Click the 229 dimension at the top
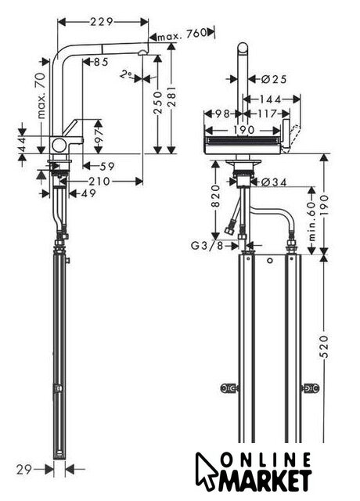click(102, 22)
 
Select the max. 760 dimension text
click(182, 34)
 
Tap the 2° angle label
click(127, 75)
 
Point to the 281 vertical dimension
click(171, 96)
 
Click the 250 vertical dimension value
click(158, 102)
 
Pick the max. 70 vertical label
click(41, 96)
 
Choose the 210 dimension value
click(99, 182)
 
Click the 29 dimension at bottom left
click(24, 470)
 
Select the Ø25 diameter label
click(274, 78)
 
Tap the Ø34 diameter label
click(274, 182)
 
